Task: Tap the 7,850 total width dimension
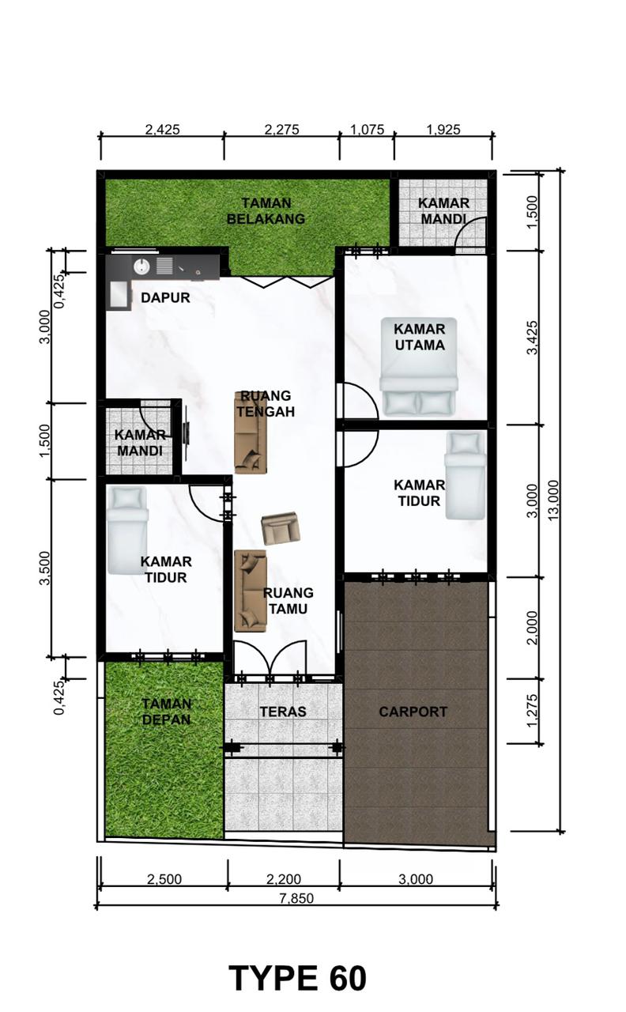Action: click(x=296, y=897)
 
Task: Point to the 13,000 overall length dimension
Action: click(x=552, y=500)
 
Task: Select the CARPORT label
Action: click(x=413, y=712)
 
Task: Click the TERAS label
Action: click(x=283, y=712)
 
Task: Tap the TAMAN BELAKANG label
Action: click(x=266, y=211)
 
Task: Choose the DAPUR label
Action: click(x=165, y=298)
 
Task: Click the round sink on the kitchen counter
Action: click(x=141, y=266)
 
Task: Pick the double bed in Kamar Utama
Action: click(x=419, y=366)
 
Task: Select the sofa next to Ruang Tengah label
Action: click(x=251, y=432)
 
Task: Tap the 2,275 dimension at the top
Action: click(x=282, y=130)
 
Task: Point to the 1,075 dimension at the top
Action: click(x=368, y=130)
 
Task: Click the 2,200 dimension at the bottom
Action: click(x=284, y=878)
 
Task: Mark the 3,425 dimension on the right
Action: click(x=533, y=338)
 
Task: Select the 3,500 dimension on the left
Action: click(x=45, y=568)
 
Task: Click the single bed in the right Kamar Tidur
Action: click(x=466, y=476)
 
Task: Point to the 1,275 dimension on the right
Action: click(x=533, y=711)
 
